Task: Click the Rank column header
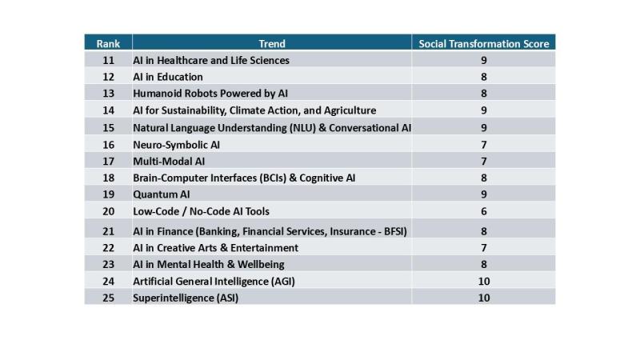(x=108, y=44)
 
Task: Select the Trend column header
(x=272, y=44)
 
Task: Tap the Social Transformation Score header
(x=484, y=44)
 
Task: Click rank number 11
(x=108, y=61)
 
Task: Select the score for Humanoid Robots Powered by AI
(x=484, y=94)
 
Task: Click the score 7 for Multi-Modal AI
(x=484, y=162)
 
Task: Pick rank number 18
(x=108, y=178)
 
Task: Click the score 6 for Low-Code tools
(x=484, y=211)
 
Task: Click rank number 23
(x=108, y=265)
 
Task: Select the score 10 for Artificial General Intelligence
(x=484, y=282)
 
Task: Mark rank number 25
(x=108, y=298)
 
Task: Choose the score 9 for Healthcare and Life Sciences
(x=484, y=61)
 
